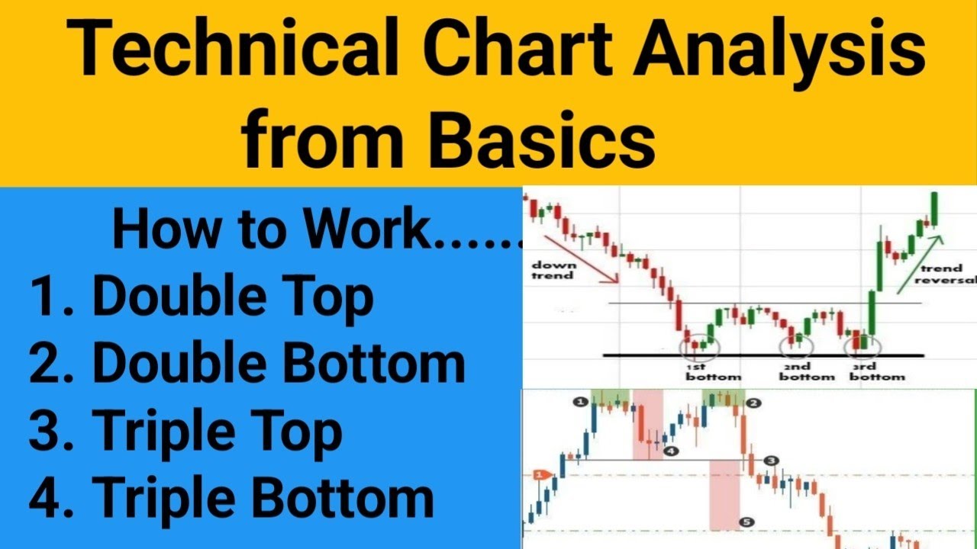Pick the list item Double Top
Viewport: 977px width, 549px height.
click(x=233, y=297)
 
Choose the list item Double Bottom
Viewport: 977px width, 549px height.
click(x=279, y=364)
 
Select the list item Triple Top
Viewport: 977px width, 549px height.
click(x=218, y=432)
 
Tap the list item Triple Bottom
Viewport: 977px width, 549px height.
click(x=263, y=499)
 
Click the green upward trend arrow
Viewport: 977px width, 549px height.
click(x=919, y=263)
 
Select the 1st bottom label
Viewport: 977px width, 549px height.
click(x=713, y=371)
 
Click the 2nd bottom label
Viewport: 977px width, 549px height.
click(x=807, y=371)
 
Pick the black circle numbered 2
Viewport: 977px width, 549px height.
click(x=753, y=403)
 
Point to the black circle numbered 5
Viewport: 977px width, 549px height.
click(x=746, y=522)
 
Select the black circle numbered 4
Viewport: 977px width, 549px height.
click(x=670, y=451)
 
